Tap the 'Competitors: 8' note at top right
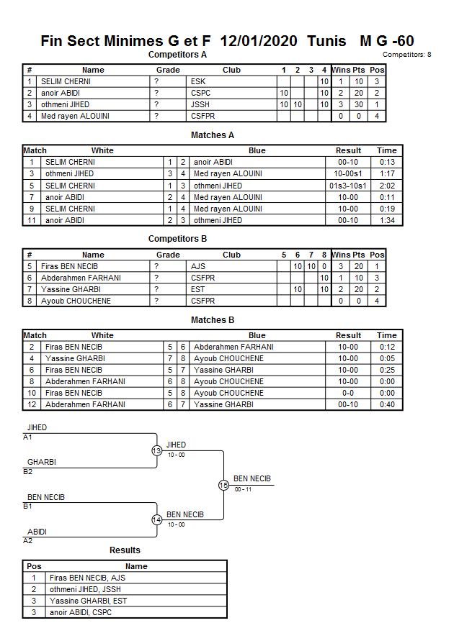(407, 55)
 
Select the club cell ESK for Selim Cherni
(197, 82)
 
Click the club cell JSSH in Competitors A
(200, 105)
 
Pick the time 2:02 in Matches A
(386, 186)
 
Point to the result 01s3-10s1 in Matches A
(348, 186)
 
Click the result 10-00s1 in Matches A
(348, 174)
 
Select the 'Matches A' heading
(213, 135)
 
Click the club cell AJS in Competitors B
(198, 266)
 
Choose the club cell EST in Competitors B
(198, 289)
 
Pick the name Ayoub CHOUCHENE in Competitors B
(76, 301)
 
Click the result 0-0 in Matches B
(348, 393)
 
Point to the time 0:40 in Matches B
(386, 404)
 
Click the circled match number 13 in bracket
(157, 451)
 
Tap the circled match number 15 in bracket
(223, 486)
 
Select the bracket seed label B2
(27, 472)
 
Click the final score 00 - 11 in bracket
(244, 489)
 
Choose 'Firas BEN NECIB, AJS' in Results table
(89, 578)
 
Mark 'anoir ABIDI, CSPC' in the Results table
(81, 612)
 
